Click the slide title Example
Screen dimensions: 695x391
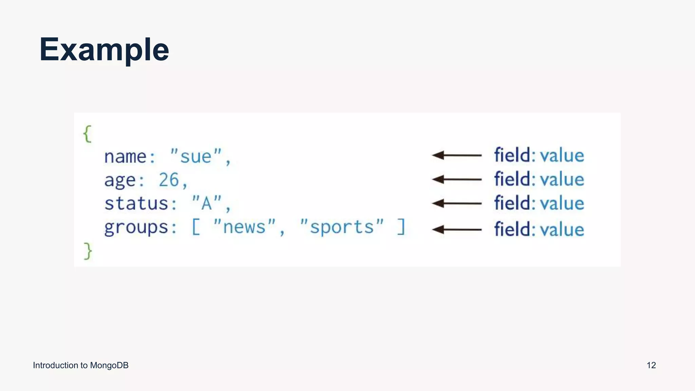click(104, 50)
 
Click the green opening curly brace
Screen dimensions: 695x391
click(87, 134)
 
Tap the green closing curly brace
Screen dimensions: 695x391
click(88, 251)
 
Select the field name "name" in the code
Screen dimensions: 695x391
click(125, 157)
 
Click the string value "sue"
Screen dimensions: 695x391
click(196, 156)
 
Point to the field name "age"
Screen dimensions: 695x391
click(120, 180)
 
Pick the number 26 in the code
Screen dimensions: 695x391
click(169, 180)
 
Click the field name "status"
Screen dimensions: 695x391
click(136, 204)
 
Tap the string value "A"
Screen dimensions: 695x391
click(207, 203)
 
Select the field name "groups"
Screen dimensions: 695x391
click(136, 227)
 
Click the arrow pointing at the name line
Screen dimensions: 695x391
click(456, 155)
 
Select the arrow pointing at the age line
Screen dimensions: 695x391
click(456, 179)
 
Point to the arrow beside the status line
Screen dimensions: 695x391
click(456, 203)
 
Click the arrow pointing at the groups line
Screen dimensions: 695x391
click(456, 229)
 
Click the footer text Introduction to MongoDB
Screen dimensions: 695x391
click(81, 365)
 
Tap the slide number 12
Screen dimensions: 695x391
click(651, 365)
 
